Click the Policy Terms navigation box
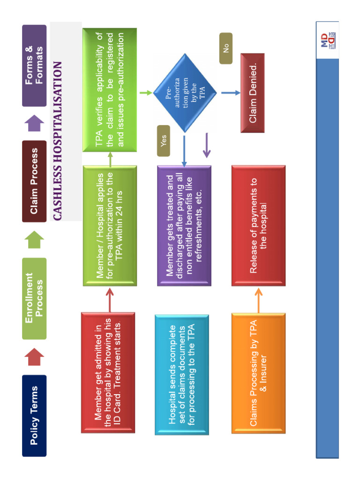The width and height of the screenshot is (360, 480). (x=34, y=415)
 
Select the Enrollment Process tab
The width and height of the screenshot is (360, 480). (x=34, y=298)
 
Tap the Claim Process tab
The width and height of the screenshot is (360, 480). (x=34, y=181)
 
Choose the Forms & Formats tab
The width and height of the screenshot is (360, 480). (x=34, y=65)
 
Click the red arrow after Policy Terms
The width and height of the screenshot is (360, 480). (x=34, y=356)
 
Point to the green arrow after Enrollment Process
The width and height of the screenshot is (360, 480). (x=34, y=240)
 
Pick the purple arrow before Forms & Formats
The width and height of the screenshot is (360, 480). (x=34, y=123)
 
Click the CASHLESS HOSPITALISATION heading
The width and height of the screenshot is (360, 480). (x=58, y=141)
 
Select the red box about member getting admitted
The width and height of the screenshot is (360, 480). (x=108, y=373)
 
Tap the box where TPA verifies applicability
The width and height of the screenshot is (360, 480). (x=110, y=90)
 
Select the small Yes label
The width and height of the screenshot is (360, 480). (x=164, y=141)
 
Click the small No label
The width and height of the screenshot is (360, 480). (x=226, y=48)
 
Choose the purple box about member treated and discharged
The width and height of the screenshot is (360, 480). (x=184, y=225)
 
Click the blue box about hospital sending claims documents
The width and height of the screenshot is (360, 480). (x=182, y=375)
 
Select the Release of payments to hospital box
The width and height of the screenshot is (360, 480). (x=258, y=225)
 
